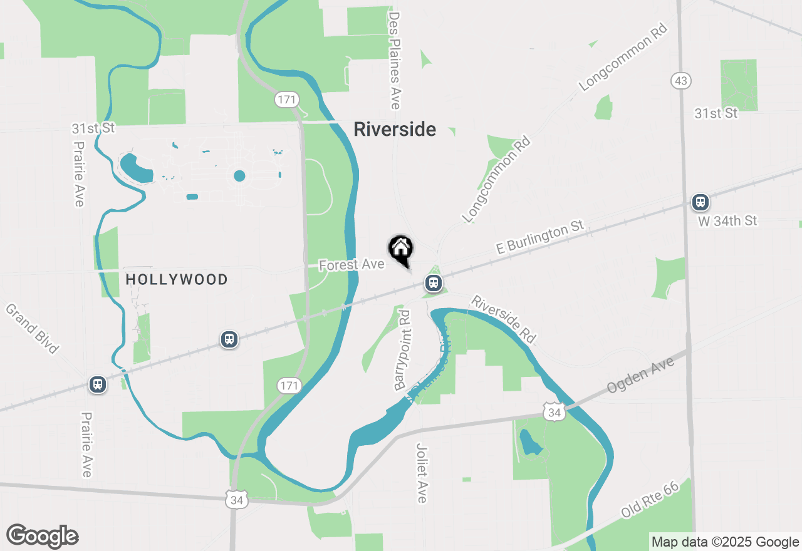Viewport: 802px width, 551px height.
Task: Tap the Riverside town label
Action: coord(395,130)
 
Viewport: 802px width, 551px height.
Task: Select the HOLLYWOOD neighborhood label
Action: coord(177,279)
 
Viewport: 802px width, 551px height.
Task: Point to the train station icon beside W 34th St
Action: coord(700,202)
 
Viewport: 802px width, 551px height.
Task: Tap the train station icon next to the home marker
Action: coord(433,283)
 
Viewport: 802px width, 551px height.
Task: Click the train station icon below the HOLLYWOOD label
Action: coord(229,339)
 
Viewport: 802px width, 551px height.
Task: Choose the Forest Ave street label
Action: coord(352,265)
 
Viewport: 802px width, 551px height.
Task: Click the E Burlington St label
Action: coord(539,237)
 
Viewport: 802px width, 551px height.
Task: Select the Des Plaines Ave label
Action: coord(394,60)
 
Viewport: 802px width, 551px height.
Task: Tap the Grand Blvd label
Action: coord(33,328)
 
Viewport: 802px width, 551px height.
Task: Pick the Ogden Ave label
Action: coord(640,376)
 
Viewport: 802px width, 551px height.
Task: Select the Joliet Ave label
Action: coord(422,473)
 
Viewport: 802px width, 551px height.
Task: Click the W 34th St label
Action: coord(727,221)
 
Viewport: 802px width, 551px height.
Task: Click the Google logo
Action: coord(42,536)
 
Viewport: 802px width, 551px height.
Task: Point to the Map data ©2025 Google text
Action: coord(725,542)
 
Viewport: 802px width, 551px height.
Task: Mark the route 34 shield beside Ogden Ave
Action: coord(554,413)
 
